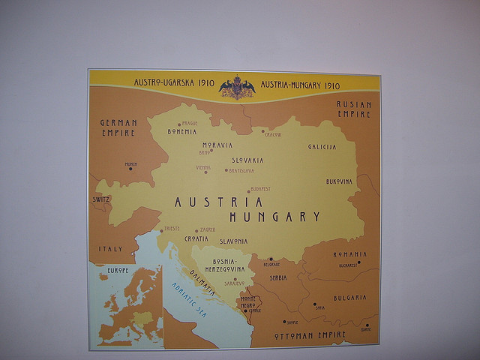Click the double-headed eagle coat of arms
[237, 87]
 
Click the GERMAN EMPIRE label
[118, 127]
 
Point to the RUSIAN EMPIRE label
[353, 109]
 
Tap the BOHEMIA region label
[181, 131]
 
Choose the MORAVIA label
[217, 145]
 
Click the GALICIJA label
[322, 147]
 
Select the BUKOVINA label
[339, 181]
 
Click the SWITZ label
[101, 199]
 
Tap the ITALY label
[110, 248]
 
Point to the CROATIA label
[196, 238]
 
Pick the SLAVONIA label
[233, 241]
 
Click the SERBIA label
[278, 277]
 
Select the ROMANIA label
[349, 255]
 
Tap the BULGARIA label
[349, 298]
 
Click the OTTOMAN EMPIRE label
[310, 334]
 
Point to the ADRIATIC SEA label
[188, 298]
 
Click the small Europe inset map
[125, 305]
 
